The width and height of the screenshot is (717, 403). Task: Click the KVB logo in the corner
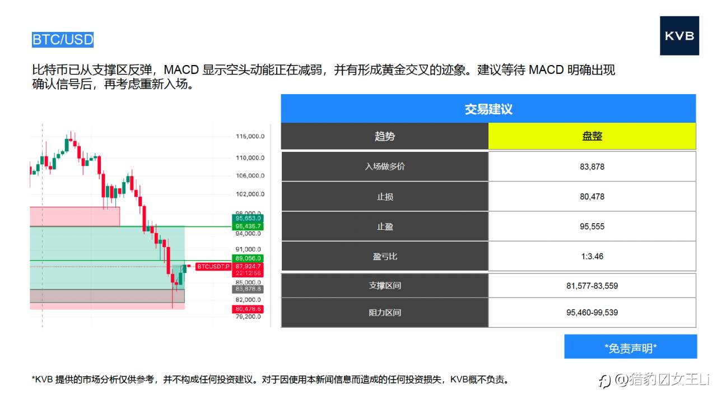pos(679,36)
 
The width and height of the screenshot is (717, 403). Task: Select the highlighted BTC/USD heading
pos(63,40)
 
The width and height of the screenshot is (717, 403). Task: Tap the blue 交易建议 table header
pos(488,109)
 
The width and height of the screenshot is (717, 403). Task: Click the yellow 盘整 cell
pos(592,136)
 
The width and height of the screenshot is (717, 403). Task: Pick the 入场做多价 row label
pos(384,166)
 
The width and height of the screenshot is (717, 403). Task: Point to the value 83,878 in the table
pos(592,166)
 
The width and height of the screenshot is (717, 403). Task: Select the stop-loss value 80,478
pos(592,197)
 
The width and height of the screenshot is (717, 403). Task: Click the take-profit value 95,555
pos(592,226)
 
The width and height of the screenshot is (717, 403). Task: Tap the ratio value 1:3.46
pos(592,256)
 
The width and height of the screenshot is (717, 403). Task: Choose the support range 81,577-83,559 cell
pos(592,286)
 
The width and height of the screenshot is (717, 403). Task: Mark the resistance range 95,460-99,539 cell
pos(592,312)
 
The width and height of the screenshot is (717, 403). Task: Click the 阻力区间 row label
pos(384,312)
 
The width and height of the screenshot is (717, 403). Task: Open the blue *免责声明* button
pos(630,347)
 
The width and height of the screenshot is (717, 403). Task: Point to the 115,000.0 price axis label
pos(250,136)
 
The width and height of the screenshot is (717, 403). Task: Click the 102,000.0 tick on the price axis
pos(250,194)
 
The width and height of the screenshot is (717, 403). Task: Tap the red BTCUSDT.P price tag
pos(213,266)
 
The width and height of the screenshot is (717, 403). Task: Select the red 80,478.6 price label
pos(249,309)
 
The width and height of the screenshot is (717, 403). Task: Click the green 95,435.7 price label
pos(249,226)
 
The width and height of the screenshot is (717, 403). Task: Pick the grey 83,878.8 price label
pos(249,289)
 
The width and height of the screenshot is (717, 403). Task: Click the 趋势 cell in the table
pos(384,136)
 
